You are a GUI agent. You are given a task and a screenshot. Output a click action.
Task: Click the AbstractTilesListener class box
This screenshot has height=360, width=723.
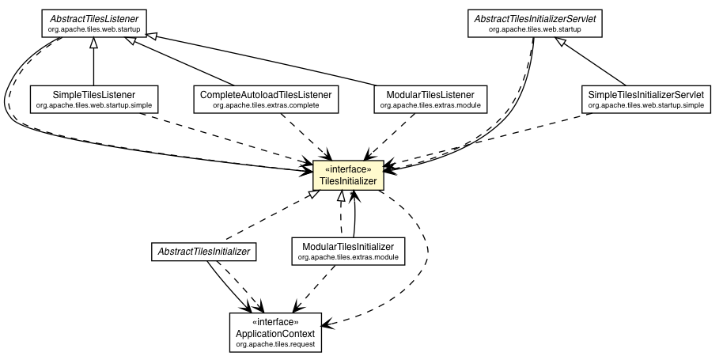pos(93,22)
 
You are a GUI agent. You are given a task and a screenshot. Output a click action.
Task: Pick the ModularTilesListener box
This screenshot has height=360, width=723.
pos(430,99)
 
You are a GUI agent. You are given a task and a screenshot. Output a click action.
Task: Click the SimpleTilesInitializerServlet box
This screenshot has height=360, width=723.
pos(645,99)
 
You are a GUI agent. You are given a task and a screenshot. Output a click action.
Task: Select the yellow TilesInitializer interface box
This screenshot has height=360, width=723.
pos(349,176)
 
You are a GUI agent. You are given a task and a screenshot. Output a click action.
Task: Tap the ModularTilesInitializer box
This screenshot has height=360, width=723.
pos(348,251)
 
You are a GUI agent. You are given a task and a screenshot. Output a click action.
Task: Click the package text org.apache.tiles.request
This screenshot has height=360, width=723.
pos(276,344)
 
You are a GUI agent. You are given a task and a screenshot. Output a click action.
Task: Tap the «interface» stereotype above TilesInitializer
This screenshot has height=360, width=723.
pos(349,169)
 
